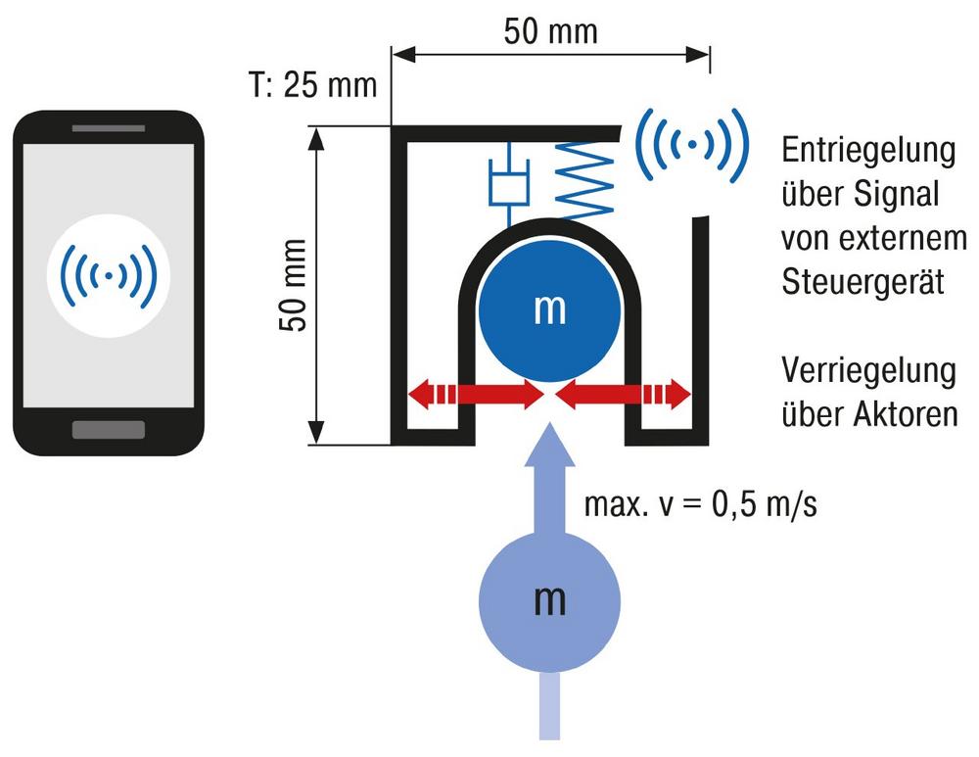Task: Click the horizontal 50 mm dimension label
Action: coord(550,31)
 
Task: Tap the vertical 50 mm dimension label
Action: coord(293,285)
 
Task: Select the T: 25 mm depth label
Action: coord(313,84)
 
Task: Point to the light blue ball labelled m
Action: coord(549,602)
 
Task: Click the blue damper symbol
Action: coord(509,182)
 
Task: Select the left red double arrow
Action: coord(477,395)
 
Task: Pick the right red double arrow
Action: coord(623,395)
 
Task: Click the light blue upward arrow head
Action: coord(549,445)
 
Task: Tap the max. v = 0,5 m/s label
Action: coord(701,504)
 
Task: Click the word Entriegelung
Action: coord(868,152)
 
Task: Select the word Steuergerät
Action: coord(862,282)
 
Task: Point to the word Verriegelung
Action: coord(868,371)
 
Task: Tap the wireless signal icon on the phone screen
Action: coord(109,275)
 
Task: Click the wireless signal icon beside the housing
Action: coord(692,144)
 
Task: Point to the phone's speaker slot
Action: coord(109,128)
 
